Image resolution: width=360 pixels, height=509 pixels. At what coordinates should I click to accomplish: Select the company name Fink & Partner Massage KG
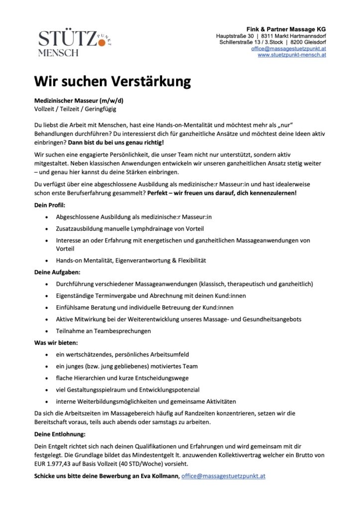pos(286,30)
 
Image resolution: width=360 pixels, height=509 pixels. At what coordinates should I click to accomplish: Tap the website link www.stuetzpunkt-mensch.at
pos(291,55)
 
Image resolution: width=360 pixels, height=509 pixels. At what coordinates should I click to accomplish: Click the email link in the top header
pos(288,49)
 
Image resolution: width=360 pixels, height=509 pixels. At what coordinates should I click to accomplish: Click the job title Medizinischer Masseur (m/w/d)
pos(79,100)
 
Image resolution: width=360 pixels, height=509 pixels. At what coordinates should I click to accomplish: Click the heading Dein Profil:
pos(49,205)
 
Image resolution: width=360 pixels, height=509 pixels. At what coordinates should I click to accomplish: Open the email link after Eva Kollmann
pos(223,476)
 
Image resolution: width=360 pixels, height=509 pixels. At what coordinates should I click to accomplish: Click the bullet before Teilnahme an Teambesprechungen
pos(46,331)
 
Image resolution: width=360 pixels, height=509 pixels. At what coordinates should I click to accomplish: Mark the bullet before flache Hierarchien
pos(46,378)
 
